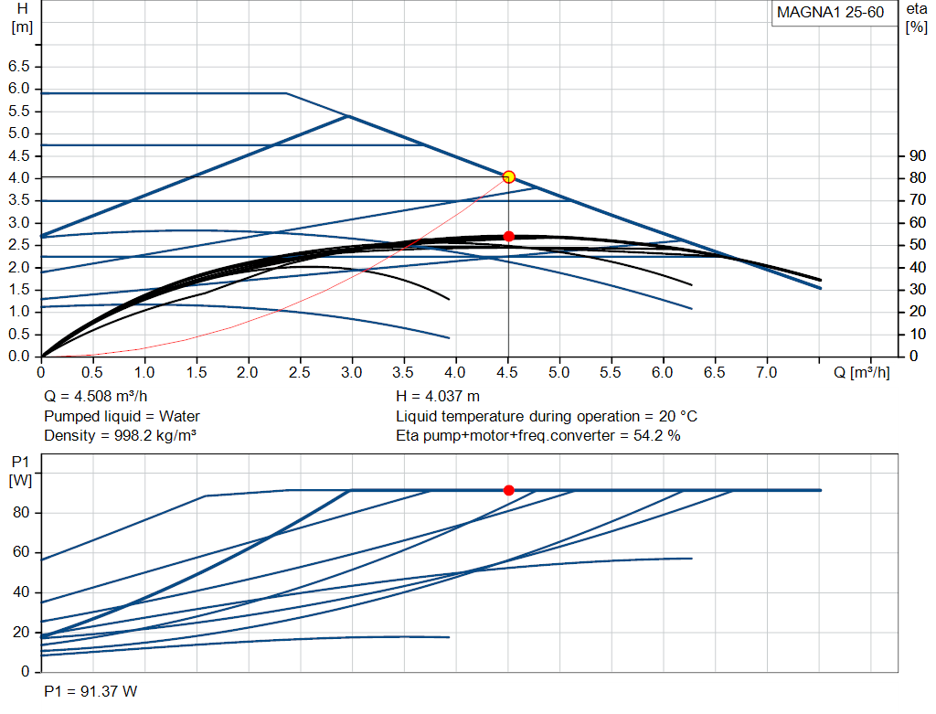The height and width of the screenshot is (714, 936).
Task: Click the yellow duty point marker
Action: pyautogui.click(x=508, y=176)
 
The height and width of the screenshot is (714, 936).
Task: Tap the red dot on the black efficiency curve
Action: pyautogui.click(x=508, y=237)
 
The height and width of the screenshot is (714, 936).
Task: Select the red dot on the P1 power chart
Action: pyautogui.click(x=508, y=490)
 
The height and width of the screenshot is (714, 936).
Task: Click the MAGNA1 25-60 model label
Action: pyautogui.click(x=830, y=13)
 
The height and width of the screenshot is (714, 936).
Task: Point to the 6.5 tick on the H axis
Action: pyautogui.click(x=18, y=66)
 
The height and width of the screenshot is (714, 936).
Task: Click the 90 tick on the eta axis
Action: pyautogui.click(x=918, y=155)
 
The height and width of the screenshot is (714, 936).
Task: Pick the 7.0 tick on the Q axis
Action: pyautogui.click(x=767, y=373)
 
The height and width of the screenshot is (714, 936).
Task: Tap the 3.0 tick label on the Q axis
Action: pyautogui.click(x=352, y=373)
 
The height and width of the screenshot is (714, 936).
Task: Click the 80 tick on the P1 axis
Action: pyautogui.click(x=21, y=512)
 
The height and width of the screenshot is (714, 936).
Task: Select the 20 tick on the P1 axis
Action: pyautogui.click(x=21, y=632)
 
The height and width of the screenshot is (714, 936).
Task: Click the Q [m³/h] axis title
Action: pyautogui.click(x=861, y=372)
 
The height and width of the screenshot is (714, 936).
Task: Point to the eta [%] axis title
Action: pyautogui.click(x=916, y=18)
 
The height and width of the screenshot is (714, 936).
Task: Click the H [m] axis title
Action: pyautogui.click(x=22, y=18)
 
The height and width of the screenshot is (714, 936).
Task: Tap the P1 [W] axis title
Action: pyautogui.click(x=21, y=471)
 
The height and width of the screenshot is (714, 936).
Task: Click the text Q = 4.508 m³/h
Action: pyautogui.click(x=95, y=397)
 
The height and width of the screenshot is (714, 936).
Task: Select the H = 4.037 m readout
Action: pyautogui.click(x=438, y=397)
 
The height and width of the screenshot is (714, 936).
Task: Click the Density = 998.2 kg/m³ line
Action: pyautogui.click(x=120, y=436)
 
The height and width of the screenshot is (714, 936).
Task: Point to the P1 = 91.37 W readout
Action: pyautogui.click(x=90, y=691)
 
